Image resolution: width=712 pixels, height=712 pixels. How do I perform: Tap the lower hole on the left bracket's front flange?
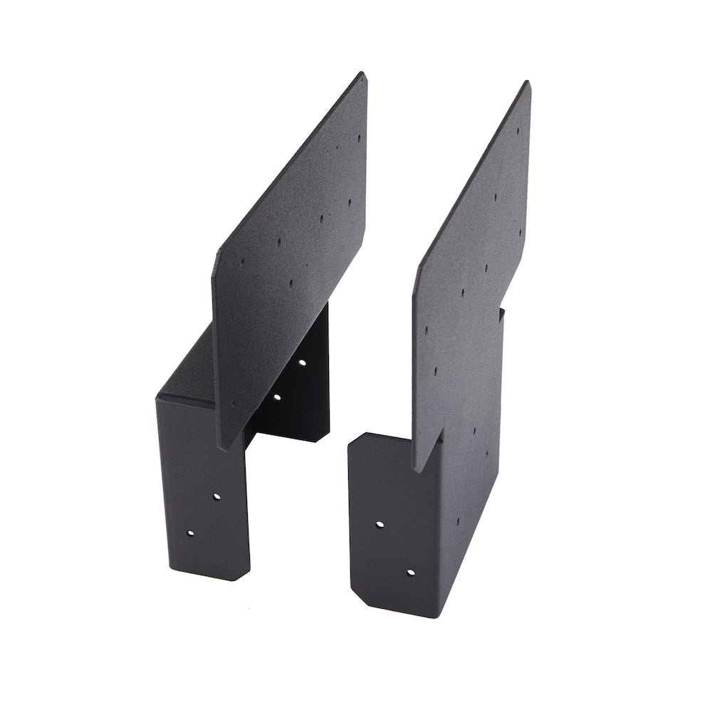(191, 532)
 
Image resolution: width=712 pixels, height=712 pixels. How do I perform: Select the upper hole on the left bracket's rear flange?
(302, 362)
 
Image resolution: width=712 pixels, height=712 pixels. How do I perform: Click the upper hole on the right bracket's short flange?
(379, 525)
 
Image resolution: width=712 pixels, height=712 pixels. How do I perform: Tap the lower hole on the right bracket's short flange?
(410, 571)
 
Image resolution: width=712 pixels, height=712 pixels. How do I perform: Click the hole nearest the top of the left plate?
(358, 140)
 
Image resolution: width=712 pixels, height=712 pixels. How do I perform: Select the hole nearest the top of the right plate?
(518, 131)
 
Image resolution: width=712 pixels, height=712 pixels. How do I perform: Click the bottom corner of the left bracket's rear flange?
(328, 439)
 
